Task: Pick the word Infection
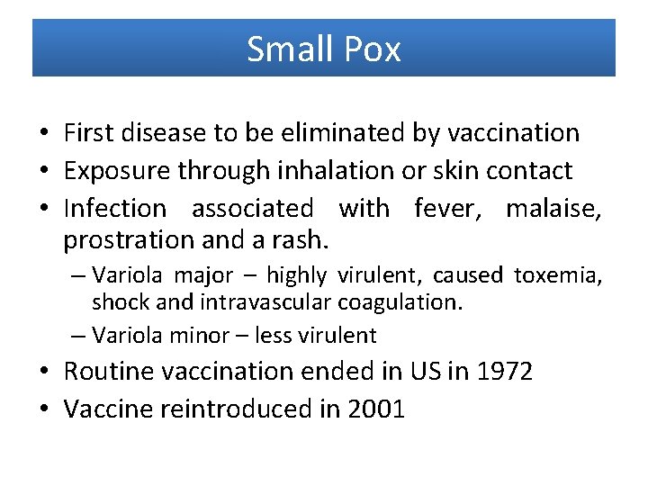[x=115, y=208]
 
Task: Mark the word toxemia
[x=557, y=274]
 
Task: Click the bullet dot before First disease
[x=44, y=134]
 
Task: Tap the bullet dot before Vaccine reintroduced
[x=44, y=410]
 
